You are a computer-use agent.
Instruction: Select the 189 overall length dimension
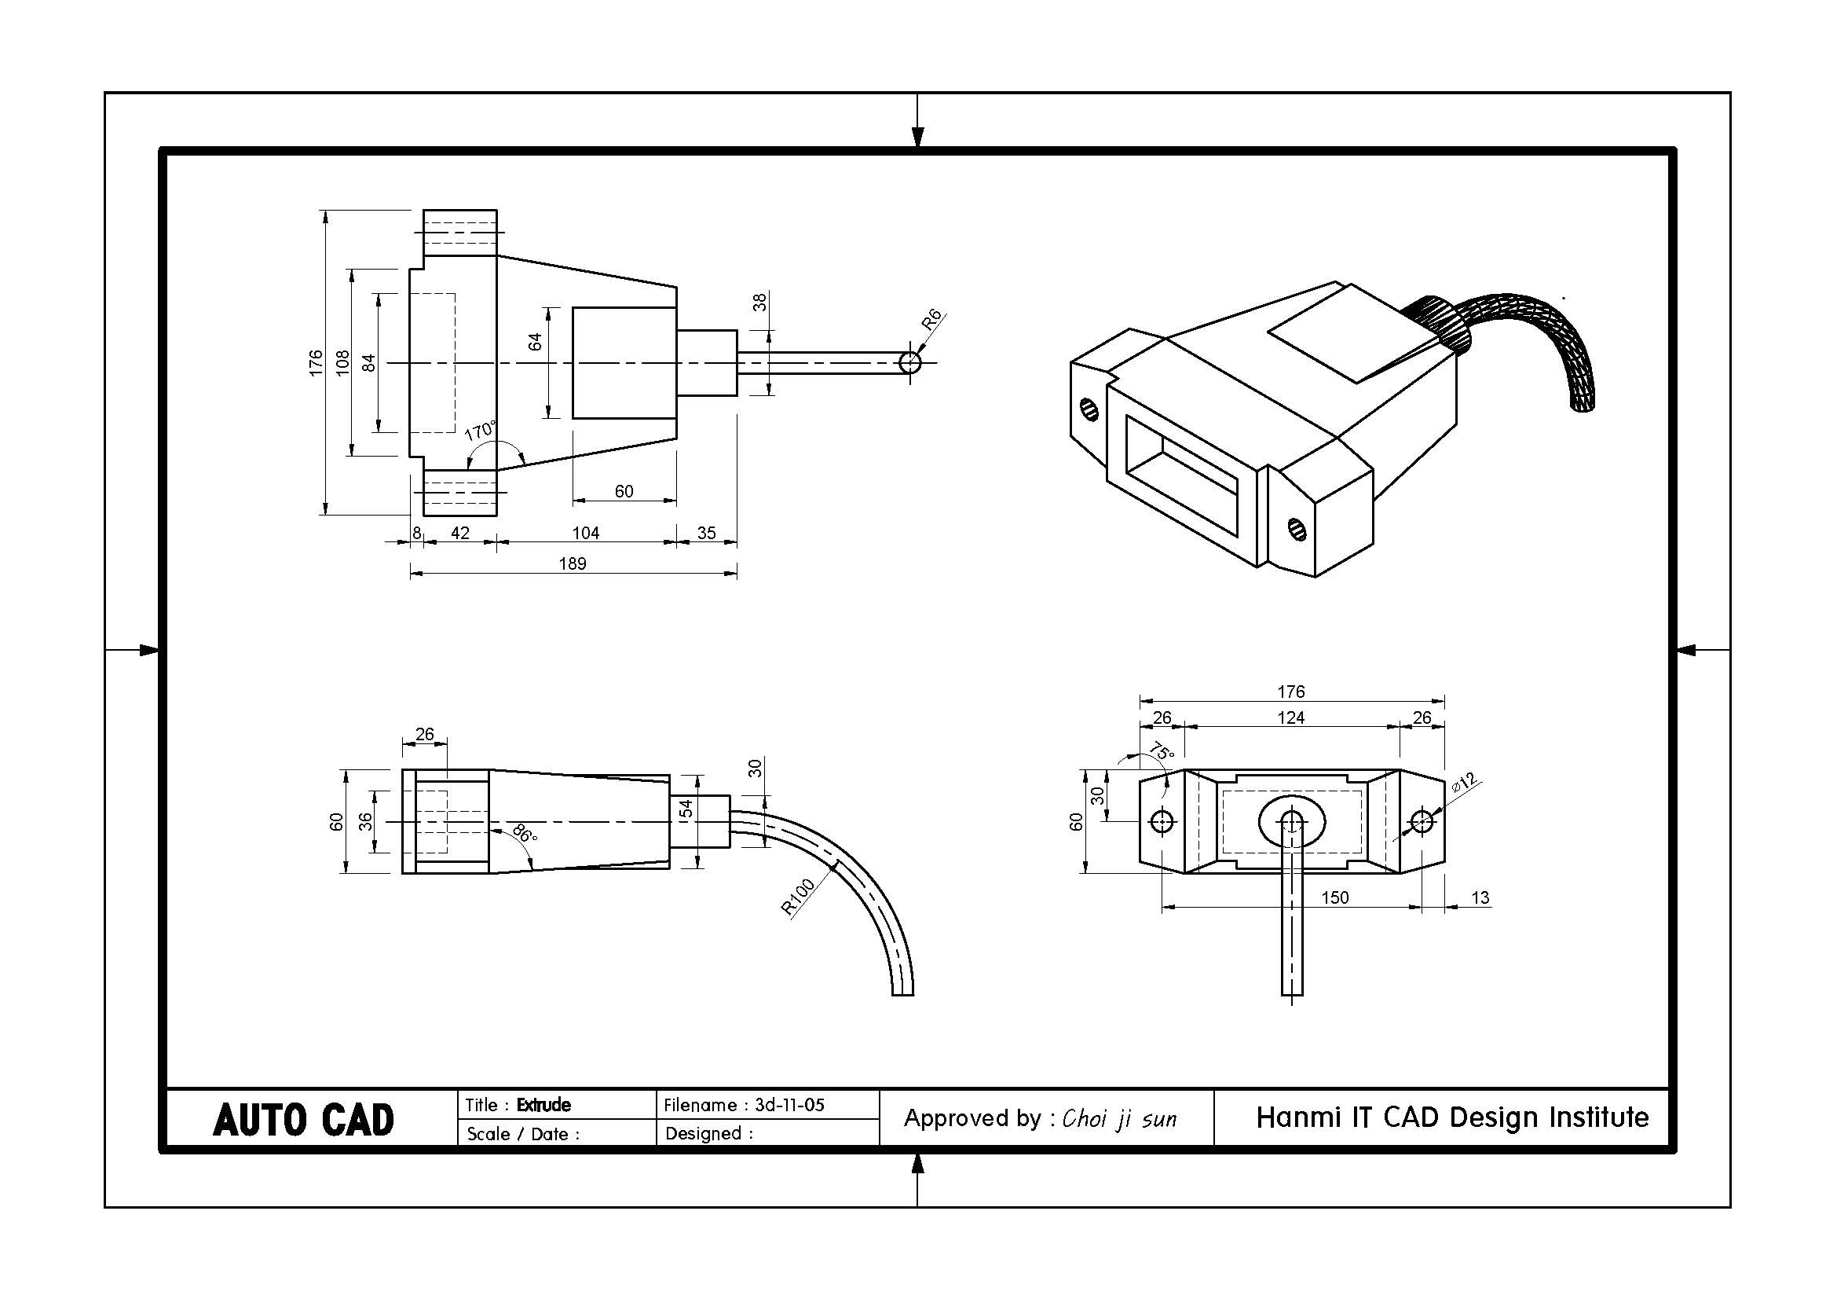pyautogui.click(x=572, y=563)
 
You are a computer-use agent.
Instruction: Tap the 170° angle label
pyautogui.click(x=480, y=431)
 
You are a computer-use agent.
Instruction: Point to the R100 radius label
pyautogui.click(x=798, y=897)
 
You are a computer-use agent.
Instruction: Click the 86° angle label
pyautogui.click(x=525, y=833)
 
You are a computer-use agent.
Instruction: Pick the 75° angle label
pyautogui.click(x=1162, y=751)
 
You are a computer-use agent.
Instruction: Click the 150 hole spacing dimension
pyautogui.click(x=1334, y=897)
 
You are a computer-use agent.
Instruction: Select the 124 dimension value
pyautogui.click(x=1290, y=717)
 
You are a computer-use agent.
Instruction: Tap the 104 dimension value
pyautogui.click(x=586, y=533)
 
